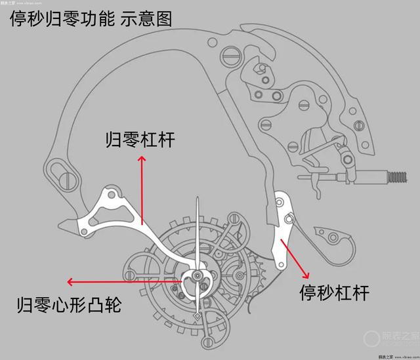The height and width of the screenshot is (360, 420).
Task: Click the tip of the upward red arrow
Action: point(140,157)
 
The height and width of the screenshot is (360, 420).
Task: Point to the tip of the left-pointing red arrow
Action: point(68,282)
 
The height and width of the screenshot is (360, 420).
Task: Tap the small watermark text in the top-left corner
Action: point(17,3)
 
